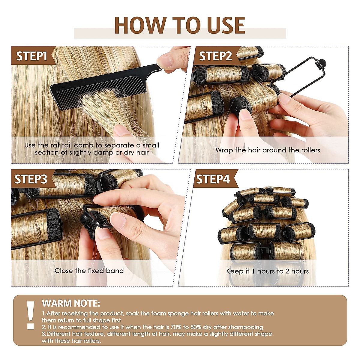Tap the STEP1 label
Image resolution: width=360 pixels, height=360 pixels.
click(32, 56)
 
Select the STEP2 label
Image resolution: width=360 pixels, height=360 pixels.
click(215, 56)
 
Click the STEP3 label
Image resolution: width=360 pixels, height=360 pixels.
click(31, 179)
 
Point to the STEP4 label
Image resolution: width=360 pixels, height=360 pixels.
click(213, 179)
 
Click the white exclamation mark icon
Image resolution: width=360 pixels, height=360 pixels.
click(30, 315)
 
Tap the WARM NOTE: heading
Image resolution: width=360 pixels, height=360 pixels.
click(71, 303)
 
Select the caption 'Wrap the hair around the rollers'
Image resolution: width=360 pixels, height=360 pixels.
click(268, 150)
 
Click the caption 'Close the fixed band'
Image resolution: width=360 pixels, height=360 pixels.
click(89, 271)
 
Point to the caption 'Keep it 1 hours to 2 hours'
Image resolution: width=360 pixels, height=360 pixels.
click(267, 271)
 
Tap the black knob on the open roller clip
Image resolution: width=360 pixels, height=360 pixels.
click(322, 63)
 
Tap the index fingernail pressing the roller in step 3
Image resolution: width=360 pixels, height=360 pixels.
click(118, 220)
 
